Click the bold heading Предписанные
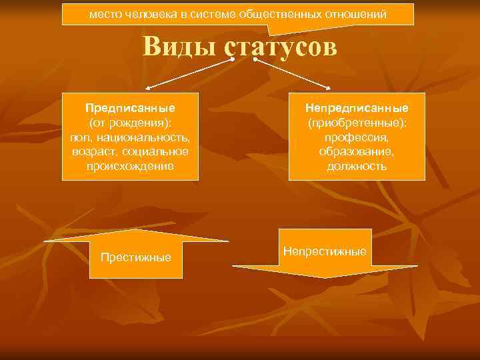click(130, 107)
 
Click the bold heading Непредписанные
click(357, 107)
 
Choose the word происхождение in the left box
click(130, 166)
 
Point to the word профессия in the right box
click(357, 137)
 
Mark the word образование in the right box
click(357, 151)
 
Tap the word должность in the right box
click(357, 166)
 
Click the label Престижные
click(135, 257)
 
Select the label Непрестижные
click(325, 251)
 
